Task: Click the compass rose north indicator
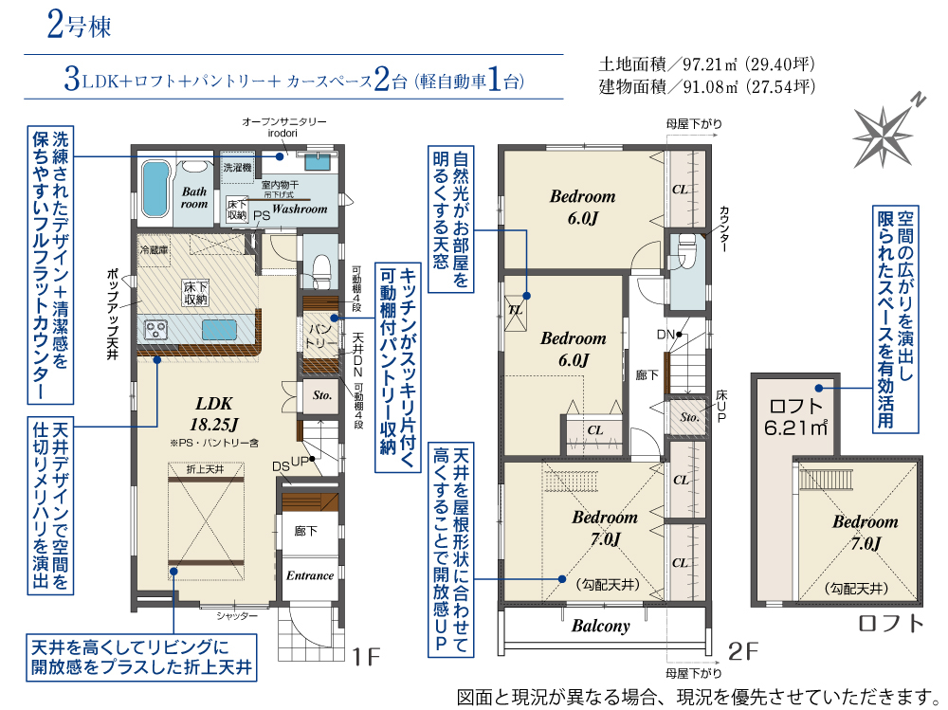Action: [884, 137]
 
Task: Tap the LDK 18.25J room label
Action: [214, 413]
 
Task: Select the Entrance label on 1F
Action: [310, 575]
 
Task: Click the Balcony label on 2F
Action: [600, 626]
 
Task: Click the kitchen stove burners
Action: [156, 330]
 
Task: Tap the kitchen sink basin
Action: [219, 330]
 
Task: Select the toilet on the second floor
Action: [687, 247]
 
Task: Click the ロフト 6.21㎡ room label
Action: [795, 417]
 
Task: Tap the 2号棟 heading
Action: [80, 26]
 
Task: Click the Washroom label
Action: [300, 209]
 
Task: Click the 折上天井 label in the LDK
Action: [206, 469]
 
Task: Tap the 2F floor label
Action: [743, 651]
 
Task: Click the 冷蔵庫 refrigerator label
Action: [155, 249]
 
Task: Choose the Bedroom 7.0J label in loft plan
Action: [866, 533]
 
